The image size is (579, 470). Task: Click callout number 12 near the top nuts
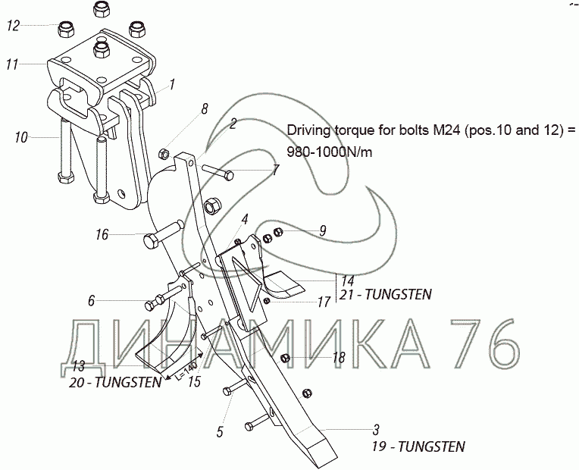click(x=13, y=26)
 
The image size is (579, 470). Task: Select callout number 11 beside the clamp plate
click(x=12, y=64)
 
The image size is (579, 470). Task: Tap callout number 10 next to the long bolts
click(x=21, y=138)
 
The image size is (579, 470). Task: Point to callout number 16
click(x=102, y=234)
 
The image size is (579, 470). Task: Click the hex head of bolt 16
click(x=152, y=241)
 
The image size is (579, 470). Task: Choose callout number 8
click(x=205, y=108)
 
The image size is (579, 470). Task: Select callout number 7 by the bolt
click(x=276, y=170)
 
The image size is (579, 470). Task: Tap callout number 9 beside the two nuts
click(x=323, y=231)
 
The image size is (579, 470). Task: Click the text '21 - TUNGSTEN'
click(x=386, y=294)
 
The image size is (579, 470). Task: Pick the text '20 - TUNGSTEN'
click(x=115, y=382)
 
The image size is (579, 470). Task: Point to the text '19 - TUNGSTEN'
click(x=418, y=446)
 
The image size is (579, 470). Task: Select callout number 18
click(x=339, y=357)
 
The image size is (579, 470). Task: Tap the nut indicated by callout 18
click(x=285, y=358)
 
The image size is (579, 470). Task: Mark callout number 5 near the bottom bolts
click(x=220, y=431)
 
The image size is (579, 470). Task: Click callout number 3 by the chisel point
click(x=376, y=430)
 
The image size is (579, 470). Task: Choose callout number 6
click(x=91, y=301)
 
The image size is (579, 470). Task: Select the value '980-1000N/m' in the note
click(x=330, y=152)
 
